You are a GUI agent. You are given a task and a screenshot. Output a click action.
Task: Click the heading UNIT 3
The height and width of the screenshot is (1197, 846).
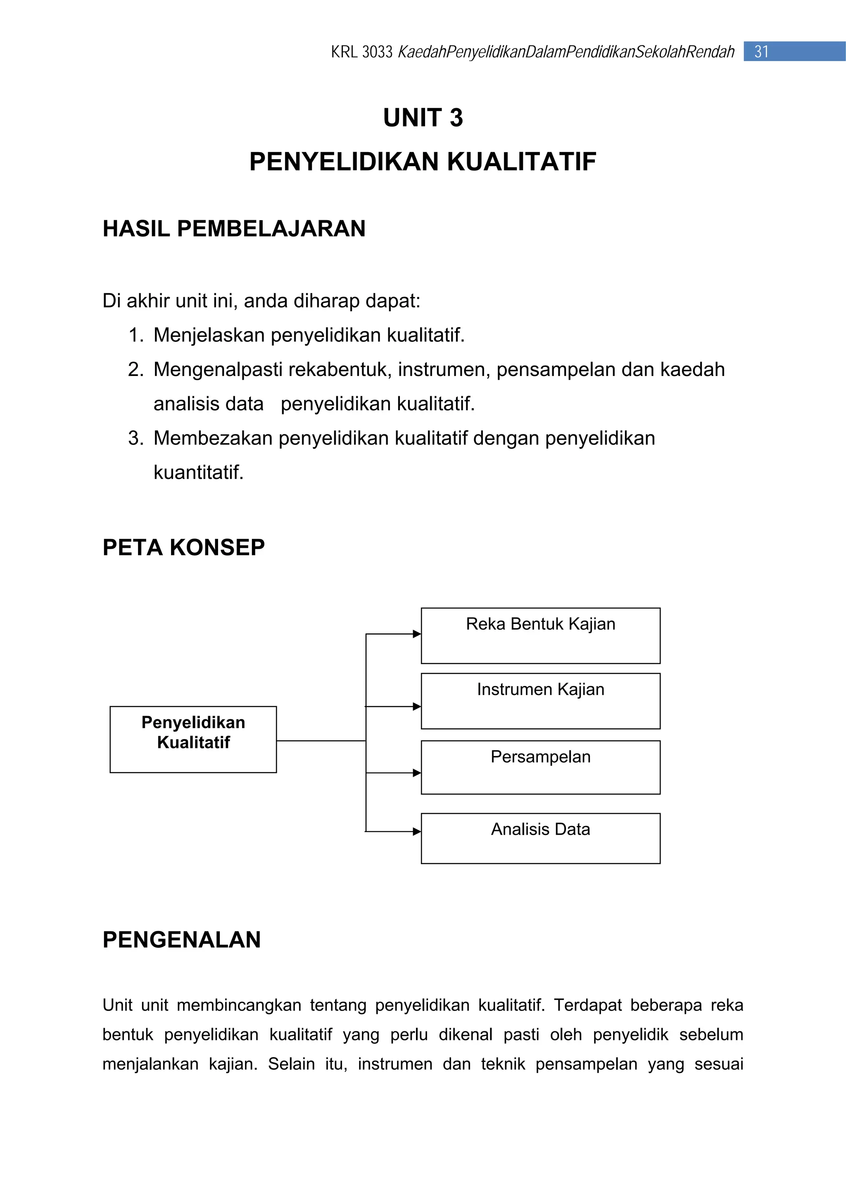coord(423,118)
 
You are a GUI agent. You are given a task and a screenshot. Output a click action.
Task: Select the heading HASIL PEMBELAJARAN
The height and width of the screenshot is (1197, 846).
coord(234,229)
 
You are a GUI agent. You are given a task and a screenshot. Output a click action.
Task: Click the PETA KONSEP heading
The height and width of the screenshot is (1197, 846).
coord(183,547)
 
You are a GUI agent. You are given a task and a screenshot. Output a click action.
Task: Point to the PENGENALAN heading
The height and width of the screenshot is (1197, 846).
coord(181,940)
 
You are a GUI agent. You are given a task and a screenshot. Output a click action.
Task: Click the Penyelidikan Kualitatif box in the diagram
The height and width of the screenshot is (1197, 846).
coord(193,739)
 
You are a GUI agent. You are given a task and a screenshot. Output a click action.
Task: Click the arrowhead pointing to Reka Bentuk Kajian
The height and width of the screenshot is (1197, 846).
coord(416,634)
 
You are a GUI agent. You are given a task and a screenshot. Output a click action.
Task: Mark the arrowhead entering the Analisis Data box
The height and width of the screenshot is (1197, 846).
coord(416,832)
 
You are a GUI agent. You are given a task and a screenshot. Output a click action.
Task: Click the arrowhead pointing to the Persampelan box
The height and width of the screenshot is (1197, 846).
coord(416,773)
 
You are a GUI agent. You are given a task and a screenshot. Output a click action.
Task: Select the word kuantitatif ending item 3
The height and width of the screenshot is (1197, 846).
coord(198,473)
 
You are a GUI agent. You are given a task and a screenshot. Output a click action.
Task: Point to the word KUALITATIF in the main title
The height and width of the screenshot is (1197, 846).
coord(521,162)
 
